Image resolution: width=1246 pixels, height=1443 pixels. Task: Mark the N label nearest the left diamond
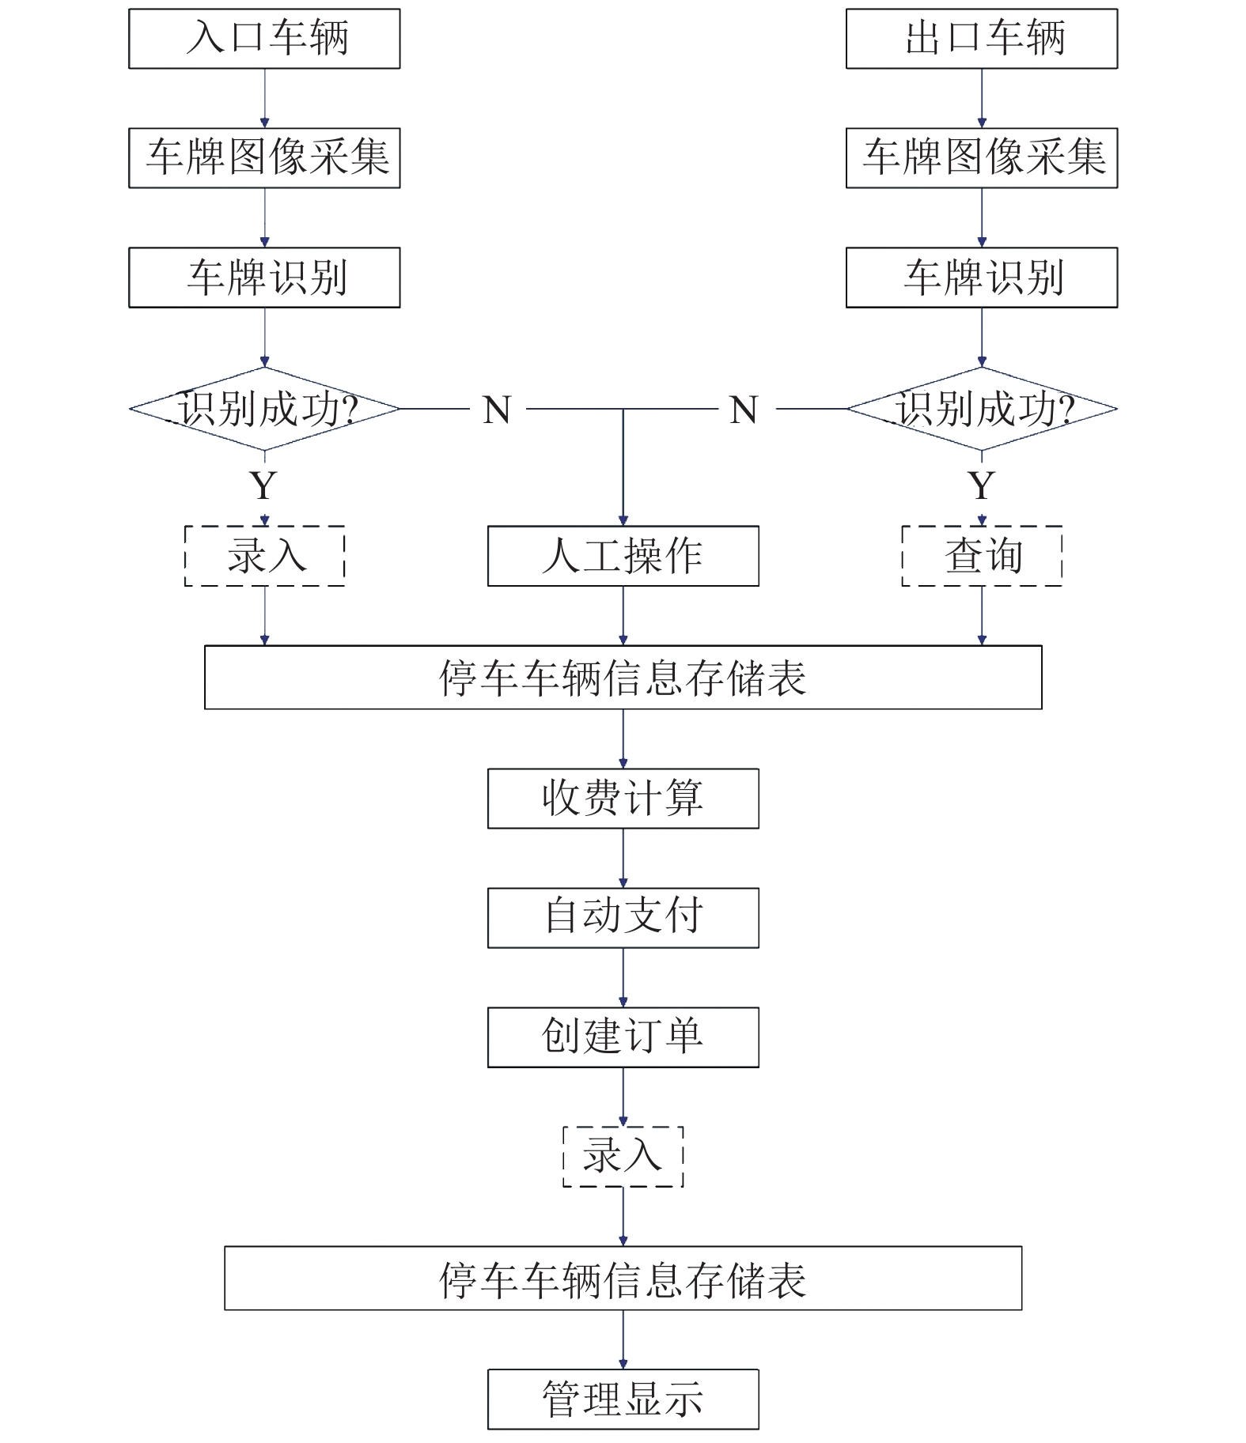(x=498, y=410)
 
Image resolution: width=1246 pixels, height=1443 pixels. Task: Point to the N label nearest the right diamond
(x=744, y=410)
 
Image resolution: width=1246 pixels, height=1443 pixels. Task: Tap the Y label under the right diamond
(x=982, y=485)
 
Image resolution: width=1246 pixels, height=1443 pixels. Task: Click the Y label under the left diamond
(x=263, y=485)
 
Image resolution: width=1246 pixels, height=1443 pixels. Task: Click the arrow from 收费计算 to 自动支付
(x=623, y=858)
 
